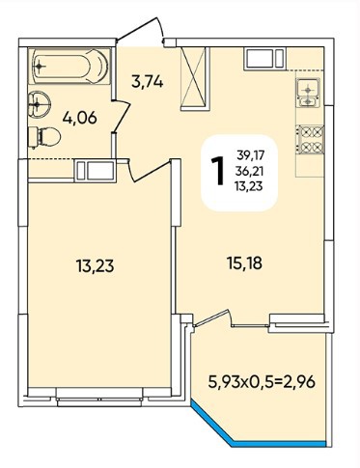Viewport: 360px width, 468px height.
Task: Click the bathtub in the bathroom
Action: (70, 66)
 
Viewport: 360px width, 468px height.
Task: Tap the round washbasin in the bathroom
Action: (39, 103)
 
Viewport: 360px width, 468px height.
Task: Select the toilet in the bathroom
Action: (44, 137)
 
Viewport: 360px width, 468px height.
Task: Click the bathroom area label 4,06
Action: (80, 118)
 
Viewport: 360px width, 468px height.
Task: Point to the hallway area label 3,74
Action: (148, 82)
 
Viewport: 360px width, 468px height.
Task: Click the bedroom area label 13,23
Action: (95, 265)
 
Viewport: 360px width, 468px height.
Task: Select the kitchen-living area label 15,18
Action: (245, 263)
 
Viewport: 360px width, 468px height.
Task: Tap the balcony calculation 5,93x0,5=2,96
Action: (262, 382)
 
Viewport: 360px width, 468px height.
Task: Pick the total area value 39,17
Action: (251, 155)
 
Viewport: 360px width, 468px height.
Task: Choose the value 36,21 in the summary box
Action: (249, 171)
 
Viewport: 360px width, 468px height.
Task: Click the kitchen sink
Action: (308, 93)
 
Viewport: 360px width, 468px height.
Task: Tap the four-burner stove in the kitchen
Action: (311, 139)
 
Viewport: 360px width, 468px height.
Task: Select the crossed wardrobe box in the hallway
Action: (195, 79)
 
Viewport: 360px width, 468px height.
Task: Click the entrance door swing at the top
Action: (141, 31)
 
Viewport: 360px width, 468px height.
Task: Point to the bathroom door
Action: (121, 117)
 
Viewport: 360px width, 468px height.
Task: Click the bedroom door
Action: (149, 170)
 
